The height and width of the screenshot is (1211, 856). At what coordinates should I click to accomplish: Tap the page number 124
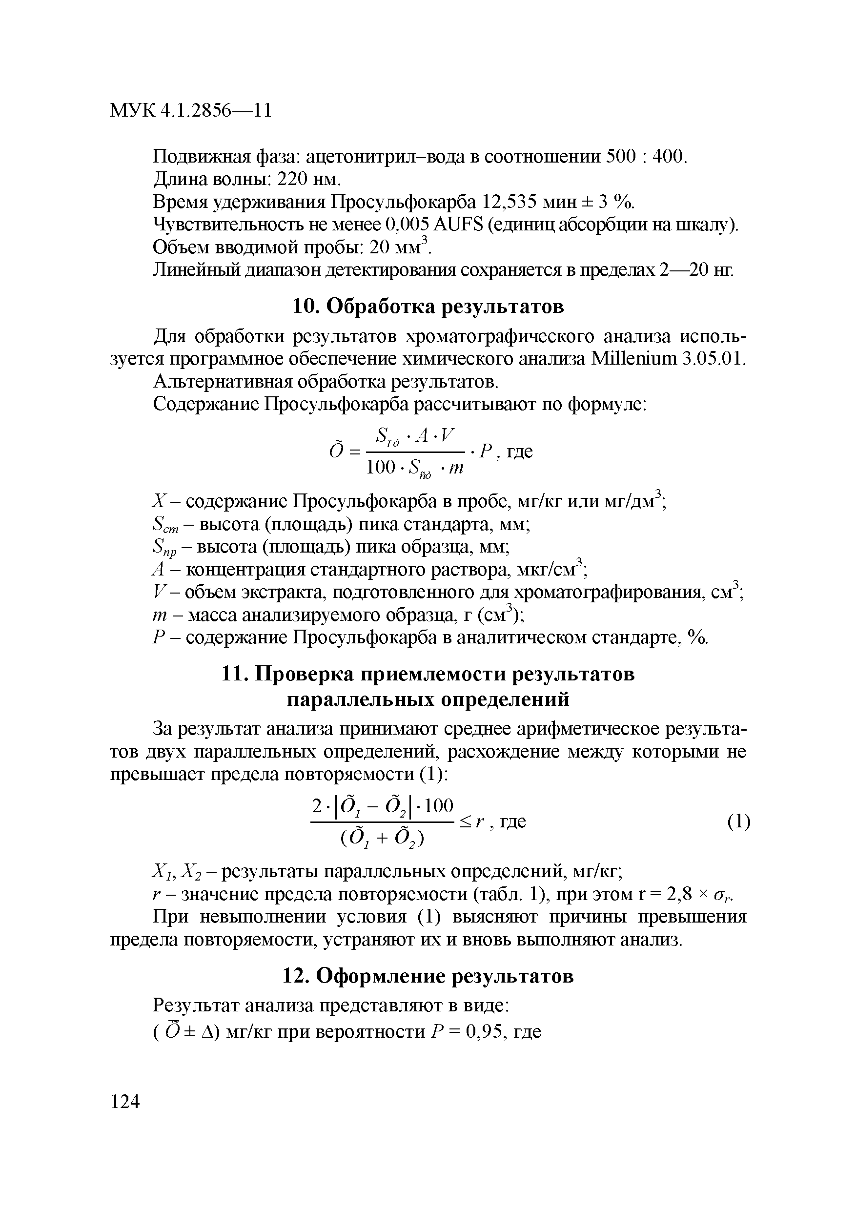coord(125,1101)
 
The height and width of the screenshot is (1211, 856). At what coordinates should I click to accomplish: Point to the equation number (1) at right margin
coord(738,822)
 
